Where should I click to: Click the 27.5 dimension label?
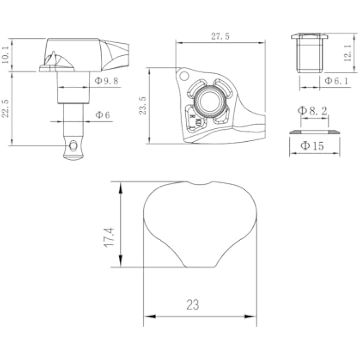click(220, 36)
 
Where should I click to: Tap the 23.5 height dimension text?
click(143, 106)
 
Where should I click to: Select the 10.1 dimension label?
click(5, 54)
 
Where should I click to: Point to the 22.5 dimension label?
click(5, 108)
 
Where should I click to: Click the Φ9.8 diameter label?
click(106, 81)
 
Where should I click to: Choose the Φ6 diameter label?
click(103, 115)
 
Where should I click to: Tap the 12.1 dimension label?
click(347, 53)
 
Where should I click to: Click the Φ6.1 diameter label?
click(336, 81)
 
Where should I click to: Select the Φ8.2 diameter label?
click(312, 111)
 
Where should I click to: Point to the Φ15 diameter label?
click(312, 146)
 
